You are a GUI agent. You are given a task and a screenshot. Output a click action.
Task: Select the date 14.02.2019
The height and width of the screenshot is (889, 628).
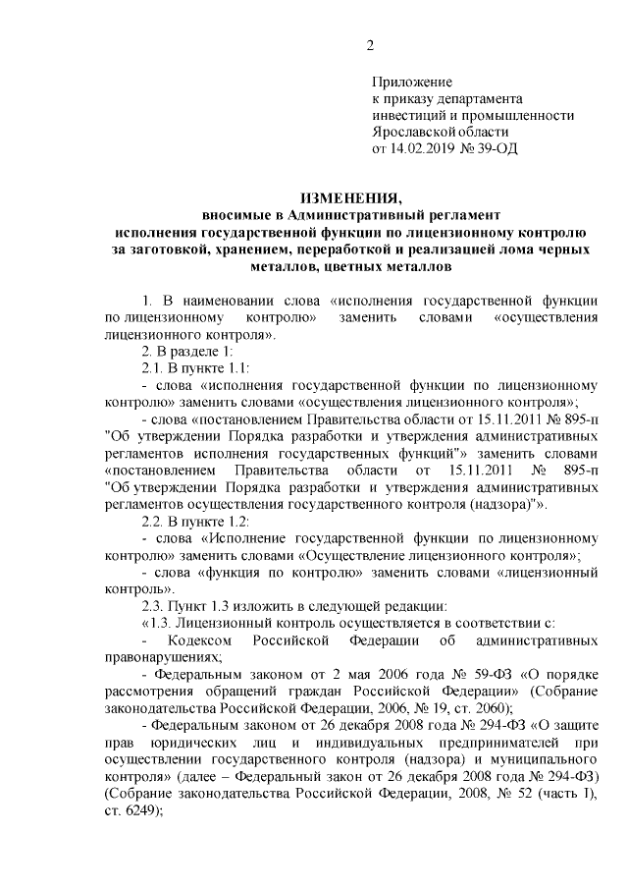pos(424,150)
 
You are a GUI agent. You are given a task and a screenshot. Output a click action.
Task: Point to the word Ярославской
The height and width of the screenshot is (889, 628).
pos(414,133)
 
